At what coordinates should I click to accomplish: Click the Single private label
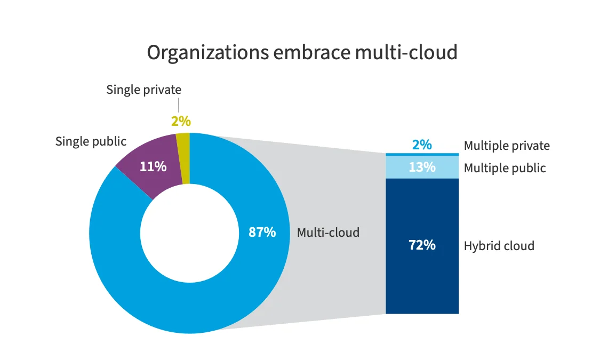143,90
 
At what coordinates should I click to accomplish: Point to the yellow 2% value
180,121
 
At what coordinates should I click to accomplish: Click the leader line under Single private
179,105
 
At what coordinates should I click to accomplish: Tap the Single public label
91,141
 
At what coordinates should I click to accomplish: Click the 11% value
153,166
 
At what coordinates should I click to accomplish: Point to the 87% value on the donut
262,233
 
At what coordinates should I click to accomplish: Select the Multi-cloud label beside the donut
328,233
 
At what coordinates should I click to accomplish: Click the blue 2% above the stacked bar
422,145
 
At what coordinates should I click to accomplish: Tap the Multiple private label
506,146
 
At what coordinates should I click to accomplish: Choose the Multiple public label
505,168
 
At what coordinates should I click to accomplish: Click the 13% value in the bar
422,167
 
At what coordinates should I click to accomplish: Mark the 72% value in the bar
422,245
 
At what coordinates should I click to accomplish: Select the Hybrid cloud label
499,246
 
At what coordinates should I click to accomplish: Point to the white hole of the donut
189,233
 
